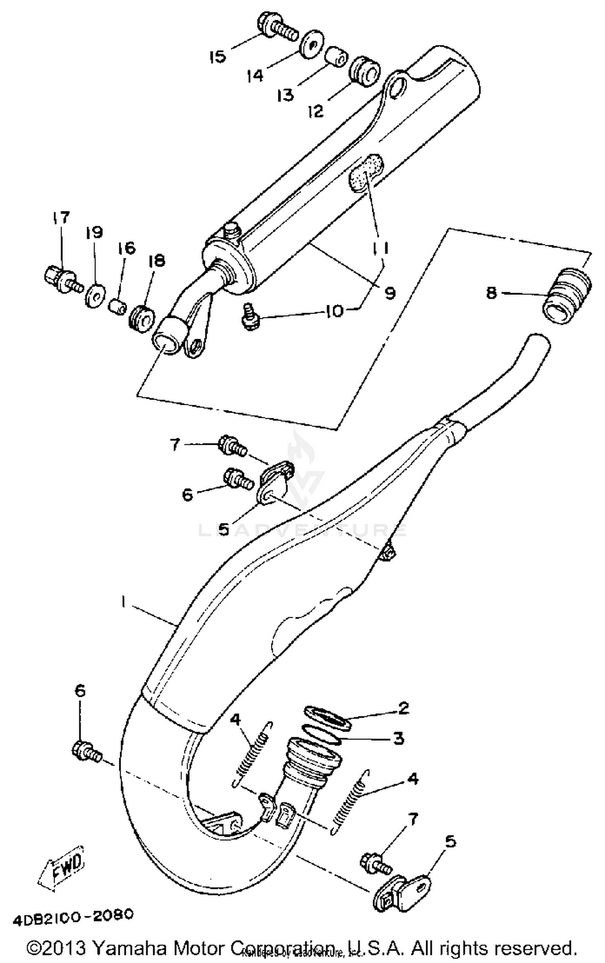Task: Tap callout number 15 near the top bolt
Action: click(218, 56)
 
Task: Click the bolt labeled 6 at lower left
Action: click(86, 751)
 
